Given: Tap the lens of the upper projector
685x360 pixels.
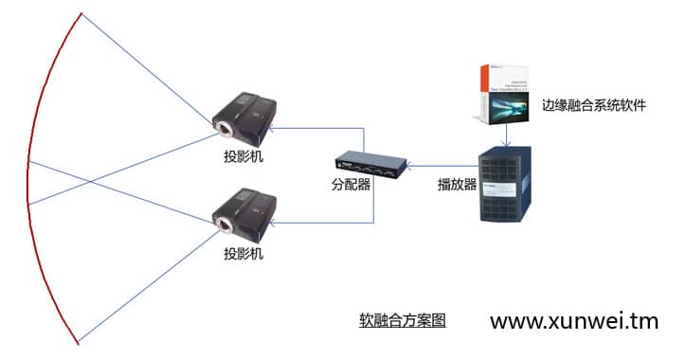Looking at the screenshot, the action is [x=225, y=127].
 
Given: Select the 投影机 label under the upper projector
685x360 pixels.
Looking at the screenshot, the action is [x=243, y=155].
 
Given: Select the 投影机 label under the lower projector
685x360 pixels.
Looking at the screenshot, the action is [x=243, y=254].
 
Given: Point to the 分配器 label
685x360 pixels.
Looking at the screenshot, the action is [x=351, y=186].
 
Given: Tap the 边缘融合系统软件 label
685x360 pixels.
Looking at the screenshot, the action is [x=593, y=106].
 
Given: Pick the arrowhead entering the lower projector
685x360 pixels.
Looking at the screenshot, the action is [x=272, y=224].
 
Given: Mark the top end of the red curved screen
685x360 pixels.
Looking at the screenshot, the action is [x=81, y=12].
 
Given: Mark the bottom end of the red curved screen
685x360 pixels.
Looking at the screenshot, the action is [x=79, y=343].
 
